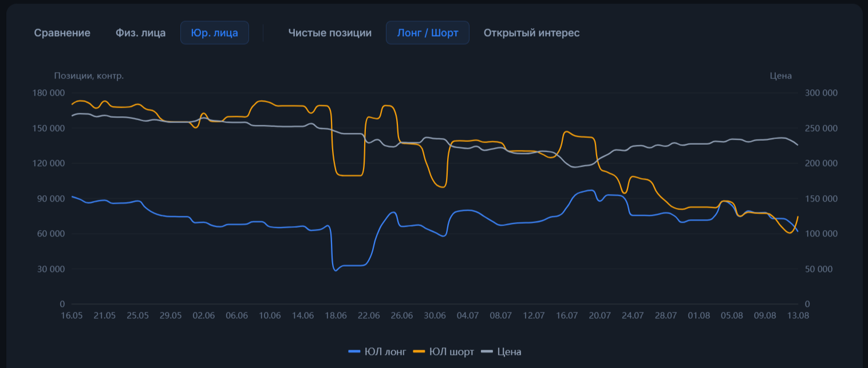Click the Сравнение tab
pyautogui.click(x=62, y=33)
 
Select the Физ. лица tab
pyautogui.click(x=141, y=33)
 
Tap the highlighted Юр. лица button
pyautogui.click(x=215, y=33)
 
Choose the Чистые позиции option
pyautogui.click(x=330, y=33)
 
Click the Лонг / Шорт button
pyautogui.click(x=427, y=33)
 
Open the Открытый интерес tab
pyautogui.click(x=532, y=33)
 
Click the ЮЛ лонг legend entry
pyautogui.click(x=377, y=352)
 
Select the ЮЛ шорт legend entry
pyautogui.click(x=443, y=352)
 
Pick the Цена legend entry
pyautogui.click(x=501, y=352)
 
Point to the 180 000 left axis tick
pyautogui.click(x=49, y=93)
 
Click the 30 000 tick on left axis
pyautogui.click(x=51, y=269)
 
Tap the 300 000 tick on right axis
pyautogui.click(x=821, y=93)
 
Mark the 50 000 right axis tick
pyautogui.click(x=818, y=269)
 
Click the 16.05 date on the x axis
pyautogui.click(x=72, y=316)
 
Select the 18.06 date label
pyautogui.click(x=336, y=316)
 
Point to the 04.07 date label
pyautogui.click(x=468, y=316)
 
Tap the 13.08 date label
pyautogui.click(x=798, y=316)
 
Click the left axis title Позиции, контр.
pyautogui.click(x=89, y=76)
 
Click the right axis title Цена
pyautogui.click(x=780, y=76)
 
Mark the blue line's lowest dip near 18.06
pyautogui.click(x=336, y=271)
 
